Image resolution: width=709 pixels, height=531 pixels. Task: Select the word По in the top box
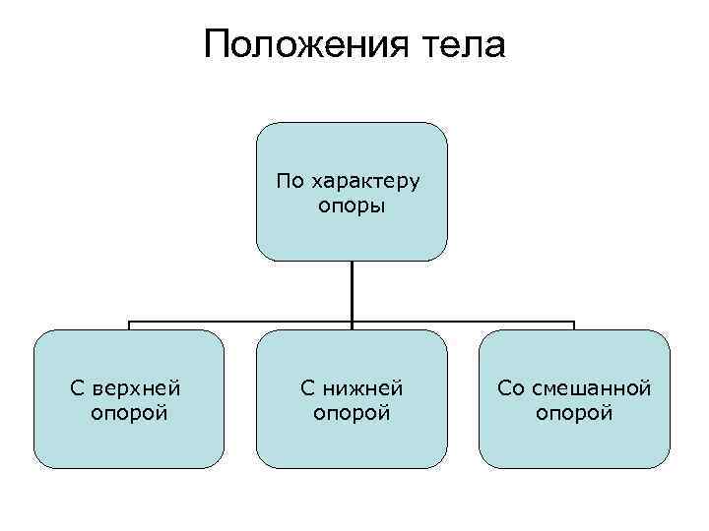coord(290,181)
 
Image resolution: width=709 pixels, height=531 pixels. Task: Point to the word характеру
coord(365,182)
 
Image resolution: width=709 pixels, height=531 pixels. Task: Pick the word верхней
coord(143,388)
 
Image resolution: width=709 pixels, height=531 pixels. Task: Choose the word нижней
coord(365,388)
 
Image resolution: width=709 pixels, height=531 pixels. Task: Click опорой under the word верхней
coord(129,413)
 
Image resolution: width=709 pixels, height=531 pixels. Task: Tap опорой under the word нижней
coord(352,413)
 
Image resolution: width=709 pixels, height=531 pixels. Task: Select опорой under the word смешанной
coord(574,413)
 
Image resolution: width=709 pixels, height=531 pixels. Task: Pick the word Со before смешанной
coord(511,388)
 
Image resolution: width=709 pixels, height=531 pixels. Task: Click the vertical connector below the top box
coord(352,290)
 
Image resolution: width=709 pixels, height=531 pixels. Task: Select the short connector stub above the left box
coord(129,325)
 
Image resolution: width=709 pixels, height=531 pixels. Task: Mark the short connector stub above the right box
coord(574,325)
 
